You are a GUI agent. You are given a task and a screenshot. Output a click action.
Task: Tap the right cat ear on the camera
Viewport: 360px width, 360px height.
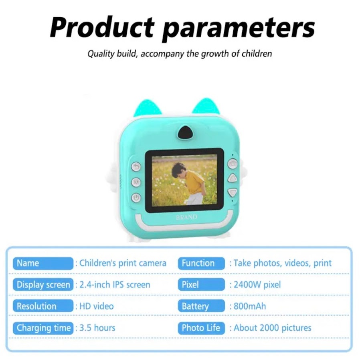click(x=206, y=107)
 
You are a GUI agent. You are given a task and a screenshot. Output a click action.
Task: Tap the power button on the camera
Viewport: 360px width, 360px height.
click(x=136, y=198)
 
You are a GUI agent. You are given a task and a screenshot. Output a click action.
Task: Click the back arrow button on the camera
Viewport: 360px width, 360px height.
click(x=136, y=166)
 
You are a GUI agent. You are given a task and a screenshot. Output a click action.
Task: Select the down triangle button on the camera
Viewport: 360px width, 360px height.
click(x=233, y=192)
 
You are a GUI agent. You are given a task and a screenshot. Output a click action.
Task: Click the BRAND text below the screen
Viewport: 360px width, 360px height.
click(x=186, y=217)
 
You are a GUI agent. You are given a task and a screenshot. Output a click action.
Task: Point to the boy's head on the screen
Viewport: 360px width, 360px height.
click(x=178, y=170)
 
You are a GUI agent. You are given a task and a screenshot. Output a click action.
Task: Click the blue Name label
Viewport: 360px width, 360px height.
click(x=43, y=263)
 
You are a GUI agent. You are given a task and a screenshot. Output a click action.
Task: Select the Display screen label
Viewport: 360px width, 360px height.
click(x=43, y=285)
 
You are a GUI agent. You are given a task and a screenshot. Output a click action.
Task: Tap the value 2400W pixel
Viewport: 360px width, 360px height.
click(x=257, y=285)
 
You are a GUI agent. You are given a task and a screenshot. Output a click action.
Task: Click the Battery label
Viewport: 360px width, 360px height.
click(x=201, y=306)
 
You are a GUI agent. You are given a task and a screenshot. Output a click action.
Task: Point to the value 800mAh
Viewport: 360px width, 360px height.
click(x=250, y=306)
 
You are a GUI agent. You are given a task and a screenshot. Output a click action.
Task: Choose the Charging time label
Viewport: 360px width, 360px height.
click(x=43, y=328)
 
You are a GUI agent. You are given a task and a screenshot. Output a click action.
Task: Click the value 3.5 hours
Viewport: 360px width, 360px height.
click(x=97, y=328)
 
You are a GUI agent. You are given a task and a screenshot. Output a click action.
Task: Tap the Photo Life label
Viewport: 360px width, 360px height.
click(x=201, y=328)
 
